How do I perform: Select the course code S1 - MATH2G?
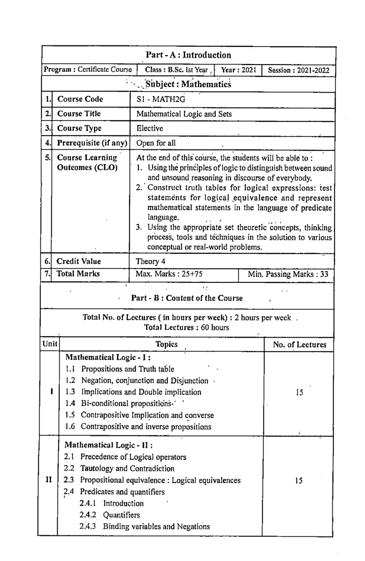161,99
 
